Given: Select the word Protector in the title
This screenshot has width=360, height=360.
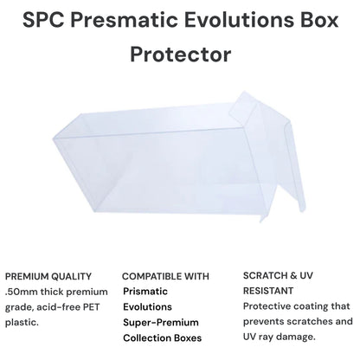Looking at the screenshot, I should click(x=179, y=54).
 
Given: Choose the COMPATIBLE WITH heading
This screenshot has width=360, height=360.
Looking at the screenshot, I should click(x=165, y=277).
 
